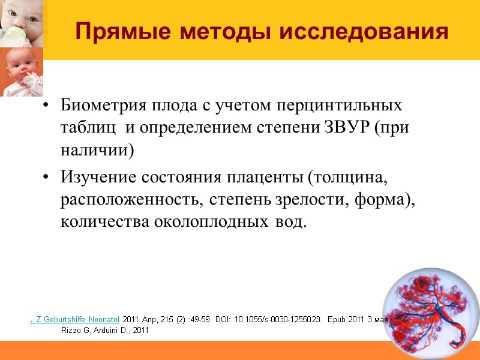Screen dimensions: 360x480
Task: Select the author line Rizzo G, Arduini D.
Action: (104, 330)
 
